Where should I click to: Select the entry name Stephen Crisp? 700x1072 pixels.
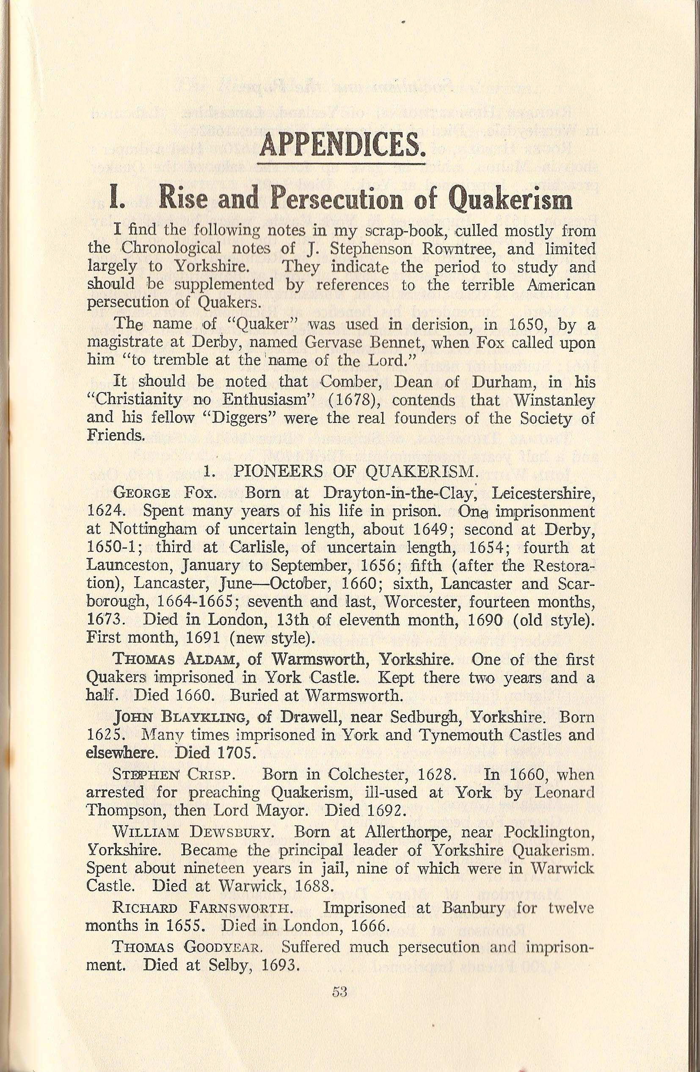[x=173, y=775]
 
